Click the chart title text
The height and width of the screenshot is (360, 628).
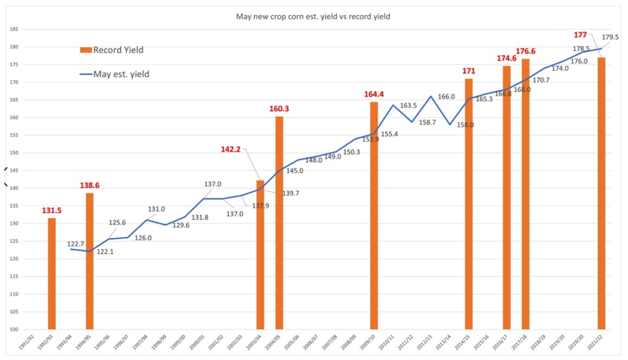point(313,17)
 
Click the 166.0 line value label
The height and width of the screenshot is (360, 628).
point(446,96)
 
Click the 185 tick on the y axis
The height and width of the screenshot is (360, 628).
point(12,29)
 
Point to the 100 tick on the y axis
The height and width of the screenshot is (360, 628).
point(12,329)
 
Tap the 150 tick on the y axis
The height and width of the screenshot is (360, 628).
point(12,153)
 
